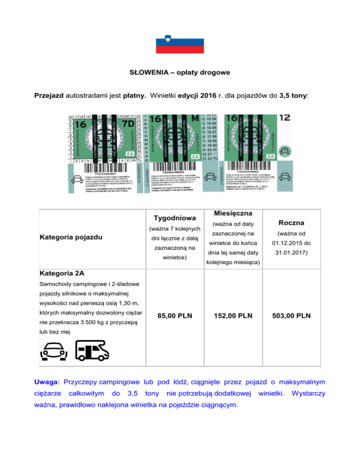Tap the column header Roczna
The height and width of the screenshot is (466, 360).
[x=292, y=222]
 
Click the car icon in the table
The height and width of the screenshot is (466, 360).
[x=53, y=351]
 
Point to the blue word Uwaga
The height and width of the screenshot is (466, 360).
[x=46, y=383]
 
